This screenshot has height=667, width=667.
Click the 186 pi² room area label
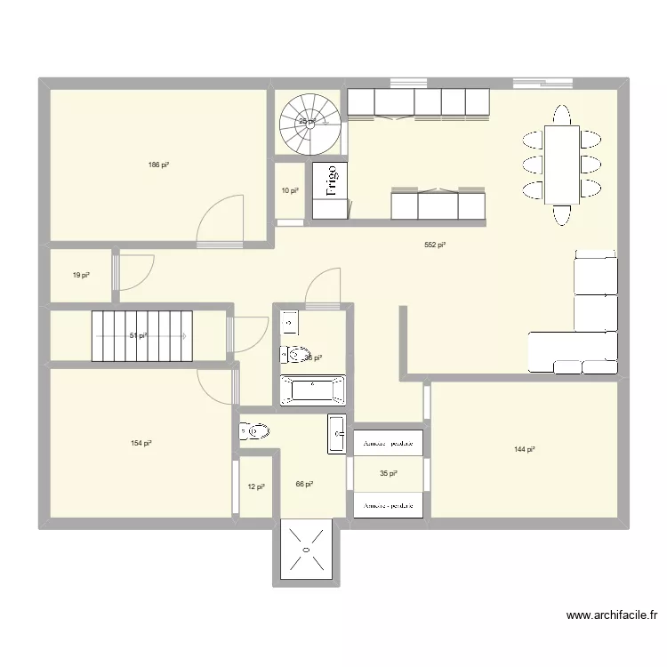[159, 165]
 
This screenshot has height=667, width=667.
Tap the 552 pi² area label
[435, 245]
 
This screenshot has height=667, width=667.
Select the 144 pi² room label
[524, 450]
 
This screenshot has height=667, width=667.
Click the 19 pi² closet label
[81, 276]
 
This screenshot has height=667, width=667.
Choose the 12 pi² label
[255, 486]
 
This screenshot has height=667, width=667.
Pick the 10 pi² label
[289, 190]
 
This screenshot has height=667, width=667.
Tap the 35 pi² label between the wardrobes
[388, 475]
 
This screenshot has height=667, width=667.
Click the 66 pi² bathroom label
[305, 485]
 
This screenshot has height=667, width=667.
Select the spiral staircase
[308, 124]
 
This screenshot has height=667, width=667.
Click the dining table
[561, 165]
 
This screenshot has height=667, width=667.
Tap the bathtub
[312, 390]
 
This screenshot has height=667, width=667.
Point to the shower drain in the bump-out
[306, 551]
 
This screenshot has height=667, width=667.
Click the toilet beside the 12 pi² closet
[254, 432]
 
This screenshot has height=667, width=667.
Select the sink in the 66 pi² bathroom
[336, 434]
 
